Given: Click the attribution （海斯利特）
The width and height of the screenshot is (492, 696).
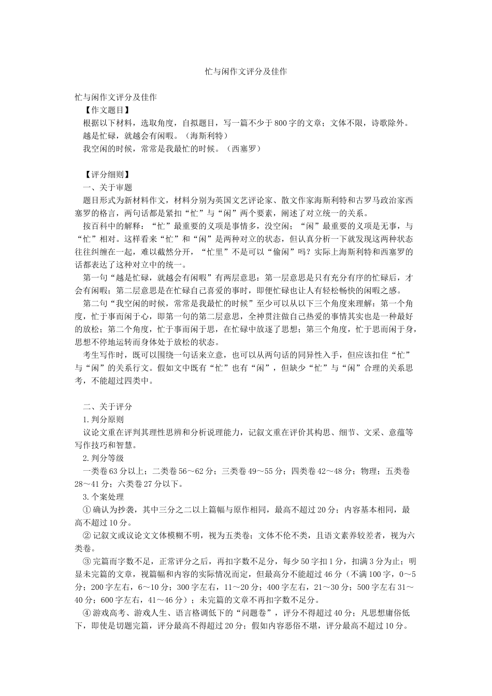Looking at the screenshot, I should point(207,136).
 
